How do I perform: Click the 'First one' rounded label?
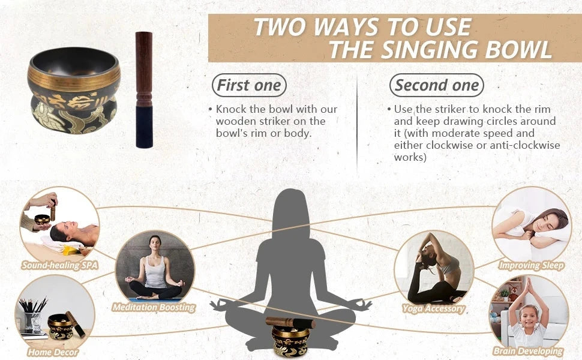point(249,85)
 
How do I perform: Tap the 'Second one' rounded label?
point(437,85)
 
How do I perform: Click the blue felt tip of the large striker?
point(144,127)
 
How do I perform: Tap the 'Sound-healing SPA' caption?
point(60,265)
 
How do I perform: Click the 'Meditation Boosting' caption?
point(154,307)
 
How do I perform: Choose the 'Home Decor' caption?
point(53,352)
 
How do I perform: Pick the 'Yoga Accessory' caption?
point(434,308)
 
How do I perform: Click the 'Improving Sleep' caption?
point(531,265)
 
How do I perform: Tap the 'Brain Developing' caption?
point(528,351)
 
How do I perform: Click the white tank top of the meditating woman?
point(155,272)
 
